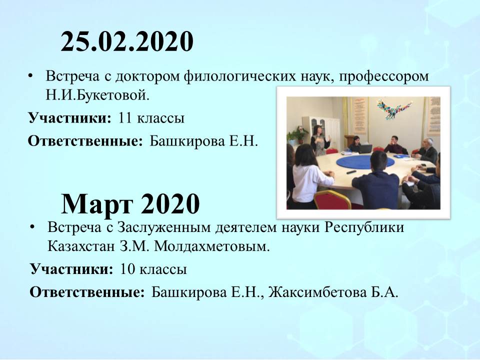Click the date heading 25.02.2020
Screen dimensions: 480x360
coord(127,41)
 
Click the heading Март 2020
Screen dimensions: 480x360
coord(130,204)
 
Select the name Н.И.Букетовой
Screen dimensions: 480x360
coord(97,96)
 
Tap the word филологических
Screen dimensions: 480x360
coord(240,76)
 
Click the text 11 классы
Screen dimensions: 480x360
coord(151,118)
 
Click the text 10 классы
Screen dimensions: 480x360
coord(153,269)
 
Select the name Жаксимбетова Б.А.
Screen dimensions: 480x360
coord(333,292)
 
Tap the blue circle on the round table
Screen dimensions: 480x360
coord(365,161)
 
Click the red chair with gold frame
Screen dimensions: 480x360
coord(332,199)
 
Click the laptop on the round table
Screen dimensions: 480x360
coord(365,149)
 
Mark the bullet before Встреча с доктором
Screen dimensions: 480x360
coord(30,76)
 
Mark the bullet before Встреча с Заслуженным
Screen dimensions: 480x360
coord(32,228)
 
